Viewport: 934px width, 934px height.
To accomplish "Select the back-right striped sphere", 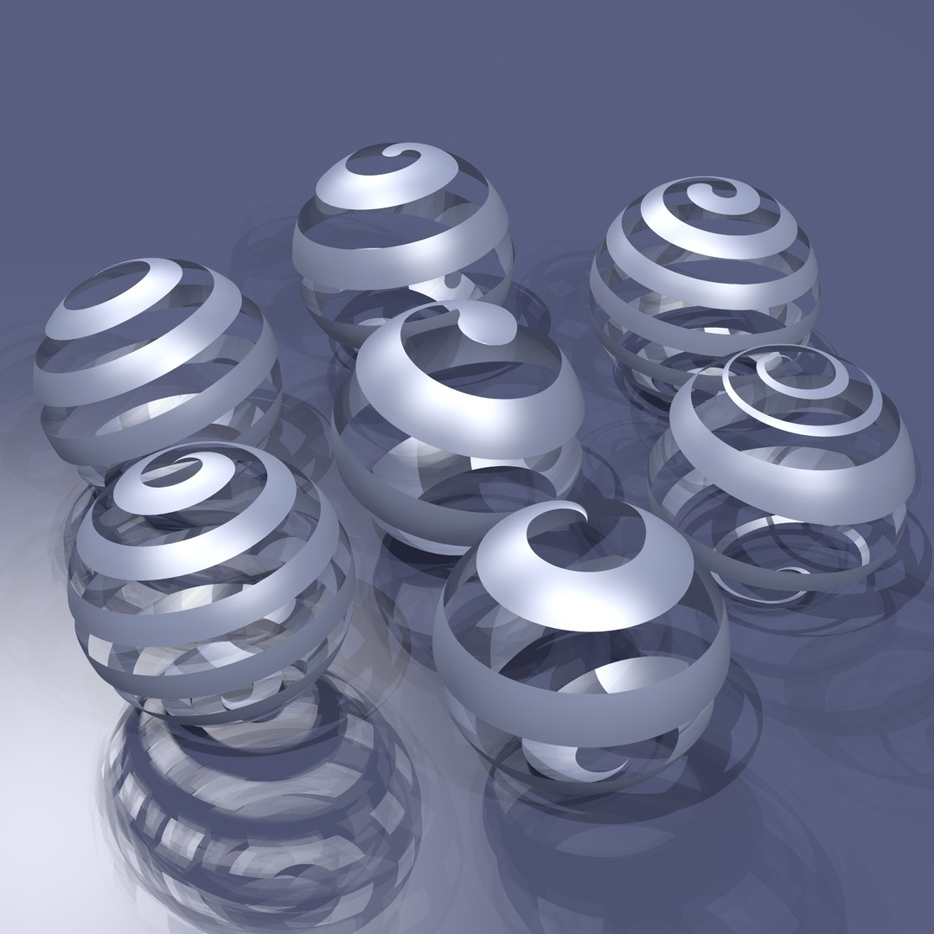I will click(x=705, y=277).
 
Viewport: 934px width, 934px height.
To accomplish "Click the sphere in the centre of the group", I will click(x=458, y=424).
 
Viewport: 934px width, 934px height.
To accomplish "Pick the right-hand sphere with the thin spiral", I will click(x=783, y=467).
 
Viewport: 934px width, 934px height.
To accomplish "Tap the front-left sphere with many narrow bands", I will click(x=212, y=579).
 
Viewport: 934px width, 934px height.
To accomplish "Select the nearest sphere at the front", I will click(x=579, y=640).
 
